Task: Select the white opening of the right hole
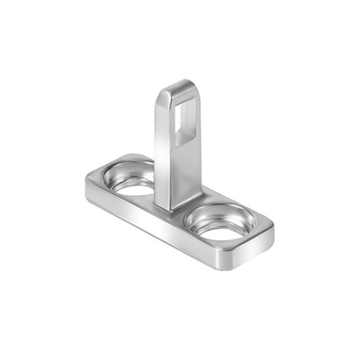220,230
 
